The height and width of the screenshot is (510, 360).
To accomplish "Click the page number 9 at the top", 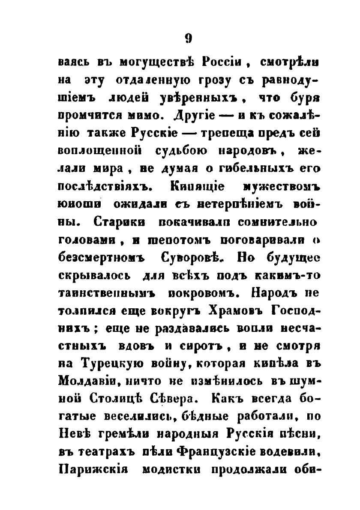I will pos(188,39).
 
